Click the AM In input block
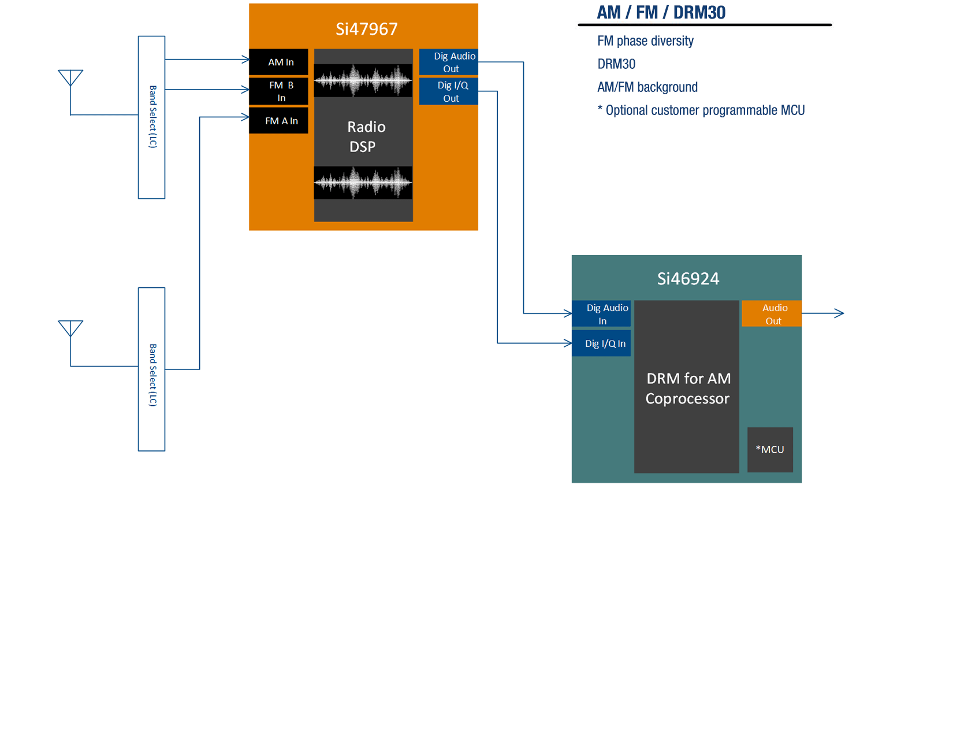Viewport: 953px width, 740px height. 278,62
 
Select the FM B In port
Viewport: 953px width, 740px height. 278,91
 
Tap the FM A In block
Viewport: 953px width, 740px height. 278,121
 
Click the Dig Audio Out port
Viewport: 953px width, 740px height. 449,62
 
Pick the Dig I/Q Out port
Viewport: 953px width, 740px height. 449,91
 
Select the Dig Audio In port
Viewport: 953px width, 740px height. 601,314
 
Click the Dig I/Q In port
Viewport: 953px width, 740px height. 601,343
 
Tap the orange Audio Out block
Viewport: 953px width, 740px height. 772,314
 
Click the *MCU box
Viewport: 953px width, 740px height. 770,450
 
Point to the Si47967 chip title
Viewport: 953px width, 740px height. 367,29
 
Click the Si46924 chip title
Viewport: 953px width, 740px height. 688,279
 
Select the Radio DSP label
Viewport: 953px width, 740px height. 364,136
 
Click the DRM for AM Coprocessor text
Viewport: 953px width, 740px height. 687,388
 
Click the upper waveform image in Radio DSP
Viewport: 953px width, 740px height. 363,80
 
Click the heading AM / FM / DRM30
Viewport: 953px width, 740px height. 661,13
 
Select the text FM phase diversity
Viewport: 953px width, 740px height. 645,41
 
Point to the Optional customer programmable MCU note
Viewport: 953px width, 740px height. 701,110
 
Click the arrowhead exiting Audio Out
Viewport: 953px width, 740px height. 839,313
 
